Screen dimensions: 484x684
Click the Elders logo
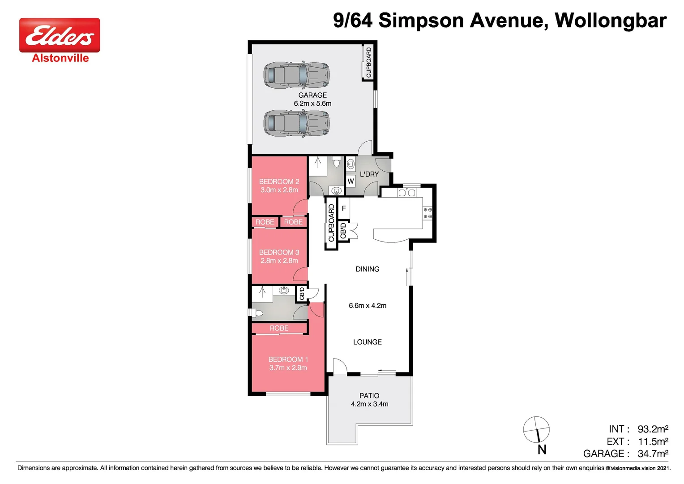pos(60,35)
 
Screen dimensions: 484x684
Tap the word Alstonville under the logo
pos(60,58)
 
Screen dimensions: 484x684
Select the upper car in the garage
pos(296,74)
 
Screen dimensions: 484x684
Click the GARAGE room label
pos(312,95)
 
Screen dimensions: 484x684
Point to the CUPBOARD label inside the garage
pos(368,62)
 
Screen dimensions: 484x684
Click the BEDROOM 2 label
pos(279,181)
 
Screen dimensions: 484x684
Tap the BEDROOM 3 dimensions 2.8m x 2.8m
pos(279,261)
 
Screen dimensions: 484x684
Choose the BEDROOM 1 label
pos(288,359)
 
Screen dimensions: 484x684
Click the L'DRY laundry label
pos(369,174)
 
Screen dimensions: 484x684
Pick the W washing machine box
pos(351,181)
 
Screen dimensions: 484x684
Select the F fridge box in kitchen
pos(343,208)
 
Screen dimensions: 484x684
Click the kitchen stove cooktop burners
pos(427,213)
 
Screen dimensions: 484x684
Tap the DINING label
pos(367,269)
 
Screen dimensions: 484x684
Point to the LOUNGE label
pos(367,342)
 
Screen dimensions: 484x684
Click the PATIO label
pos(369,396)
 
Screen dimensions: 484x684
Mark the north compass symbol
pos(536,429)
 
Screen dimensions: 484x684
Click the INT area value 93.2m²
pos(653,429)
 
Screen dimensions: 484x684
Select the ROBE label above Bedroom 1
pos(279,328)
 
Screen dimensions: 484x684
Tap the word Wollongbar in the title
pos(611,21)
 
